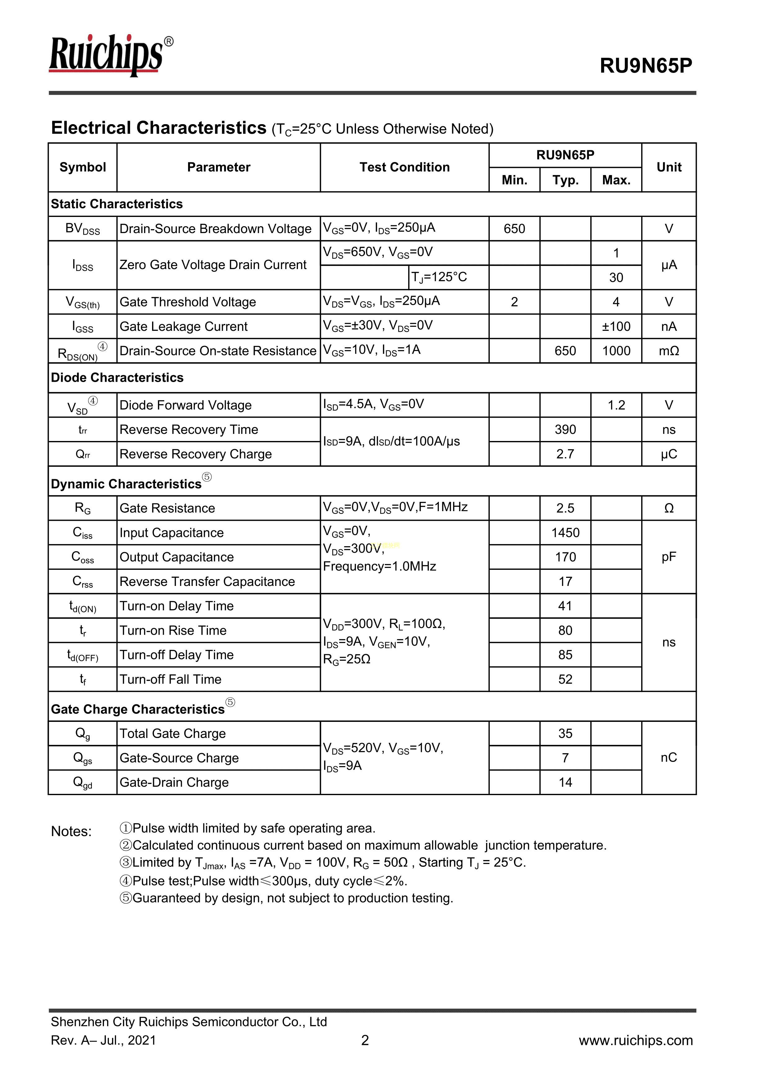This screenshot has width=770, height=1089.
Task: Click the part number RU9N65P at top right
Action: click(646, 65)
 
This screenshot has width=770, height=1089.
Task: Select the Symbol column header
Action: click(83, 167)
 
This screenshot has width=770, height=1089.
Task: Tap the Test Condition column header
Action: click(404, 167)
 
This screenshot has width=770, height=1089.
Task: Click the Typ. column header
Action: click(565, 180)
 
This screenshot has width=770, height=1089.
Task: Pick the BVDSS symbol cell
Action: click(83, 229)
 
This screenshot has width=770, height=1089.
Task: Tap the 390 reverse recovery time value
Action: click(565, 430)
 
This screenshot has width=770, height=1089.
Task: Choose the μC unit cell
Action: click(669, 454)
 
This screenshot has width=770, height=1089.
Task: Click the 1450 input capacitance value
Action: click(565, 533)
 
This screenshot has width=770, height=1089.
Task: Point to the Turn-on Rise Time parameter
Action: click(173, 630)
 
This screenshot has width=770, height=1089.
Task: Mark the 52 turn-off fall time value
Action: click(565, 679)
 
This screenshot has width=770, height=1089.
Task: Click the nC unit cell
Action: click(669, 758)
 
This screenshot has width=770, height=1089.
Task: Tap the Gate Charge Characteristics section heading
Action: click(137, 709)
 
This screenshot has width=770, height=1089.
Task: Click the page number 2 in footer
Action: click(365, 1040)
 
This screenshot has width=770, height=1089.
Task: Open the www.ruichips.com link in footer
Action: click(635, 1040)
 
